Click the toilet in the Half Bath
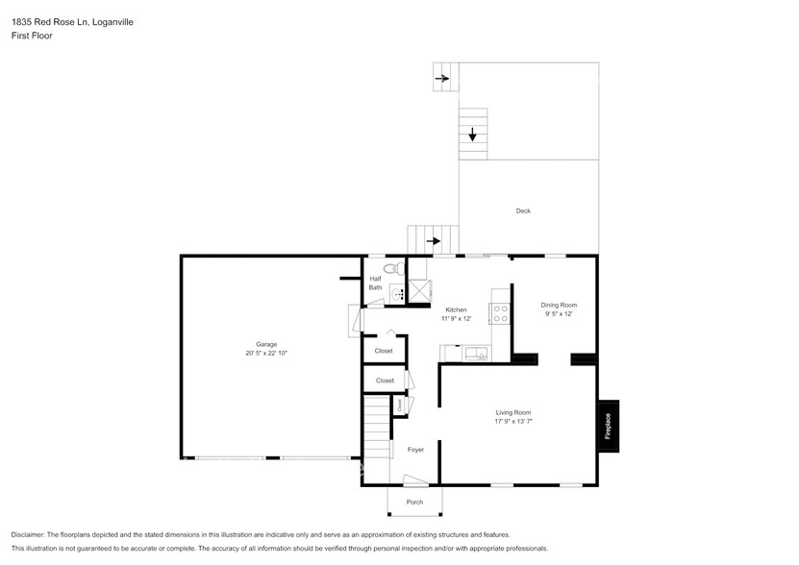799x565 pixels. (390, 268)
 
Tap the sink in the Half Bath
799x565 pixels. (396, 295)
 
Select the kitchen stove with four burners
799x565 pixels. (500, 313)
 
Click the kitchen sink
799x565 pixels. (477, 355)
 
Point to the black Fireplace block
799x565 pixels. (608, 426)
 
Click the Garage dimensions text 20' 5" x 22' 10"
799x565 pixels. (266, 354)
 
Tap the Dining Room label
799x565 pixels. (559, 305)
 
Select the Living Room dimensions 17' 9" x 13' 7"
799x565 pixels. (512, 421)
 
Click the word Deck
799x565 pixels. (523, 211)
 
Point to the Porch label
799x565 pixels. (414, 502)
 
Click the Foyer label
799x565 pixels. (415, 450)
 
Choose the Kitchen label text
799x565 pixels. (456, 309)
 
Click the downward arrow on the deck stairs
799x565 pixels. (472, 135)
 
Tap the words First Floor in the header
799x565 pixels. (32, 36)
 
